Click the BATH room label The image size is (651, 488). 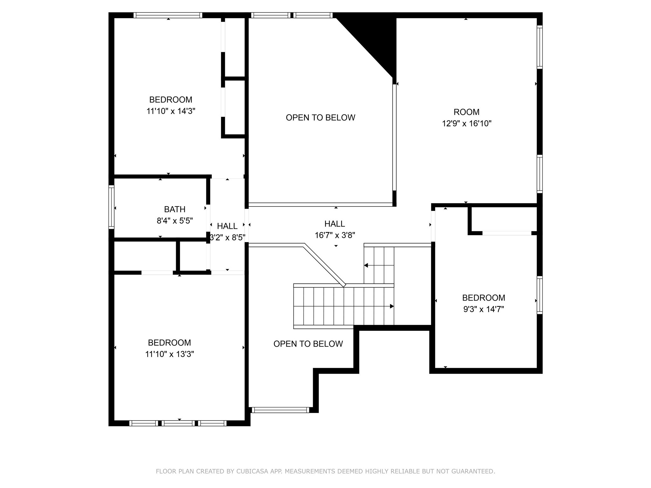point(175,209)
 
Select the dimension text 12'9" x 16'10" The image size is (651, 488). point(466,124)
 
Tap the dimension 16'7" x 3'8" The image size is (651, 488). point(335,235)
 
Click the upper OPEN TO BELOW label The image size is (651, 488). point(320,118)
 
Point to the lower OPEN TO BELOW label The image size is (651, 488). point(308,344)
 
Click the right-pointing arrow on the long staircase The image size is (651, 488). point(392,306)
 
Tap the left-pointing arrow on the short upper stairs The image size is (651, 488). point(366,265)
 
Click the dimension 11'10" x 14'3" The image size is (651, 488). point(171,111)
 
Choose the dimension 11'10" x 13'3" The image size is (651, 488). point(169,354)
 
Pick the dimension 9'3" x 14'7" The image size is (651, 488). point(483,309)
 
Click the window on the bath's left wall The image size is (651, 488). point(111,207)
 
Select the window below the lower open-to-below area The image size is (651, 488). point(280,410)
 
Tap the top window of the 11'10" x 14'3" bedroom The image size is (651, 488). point(168,15)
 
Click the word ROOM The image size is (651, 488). point(466,112)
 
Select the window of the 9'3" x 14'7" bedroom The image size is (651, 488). point(539,295)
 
